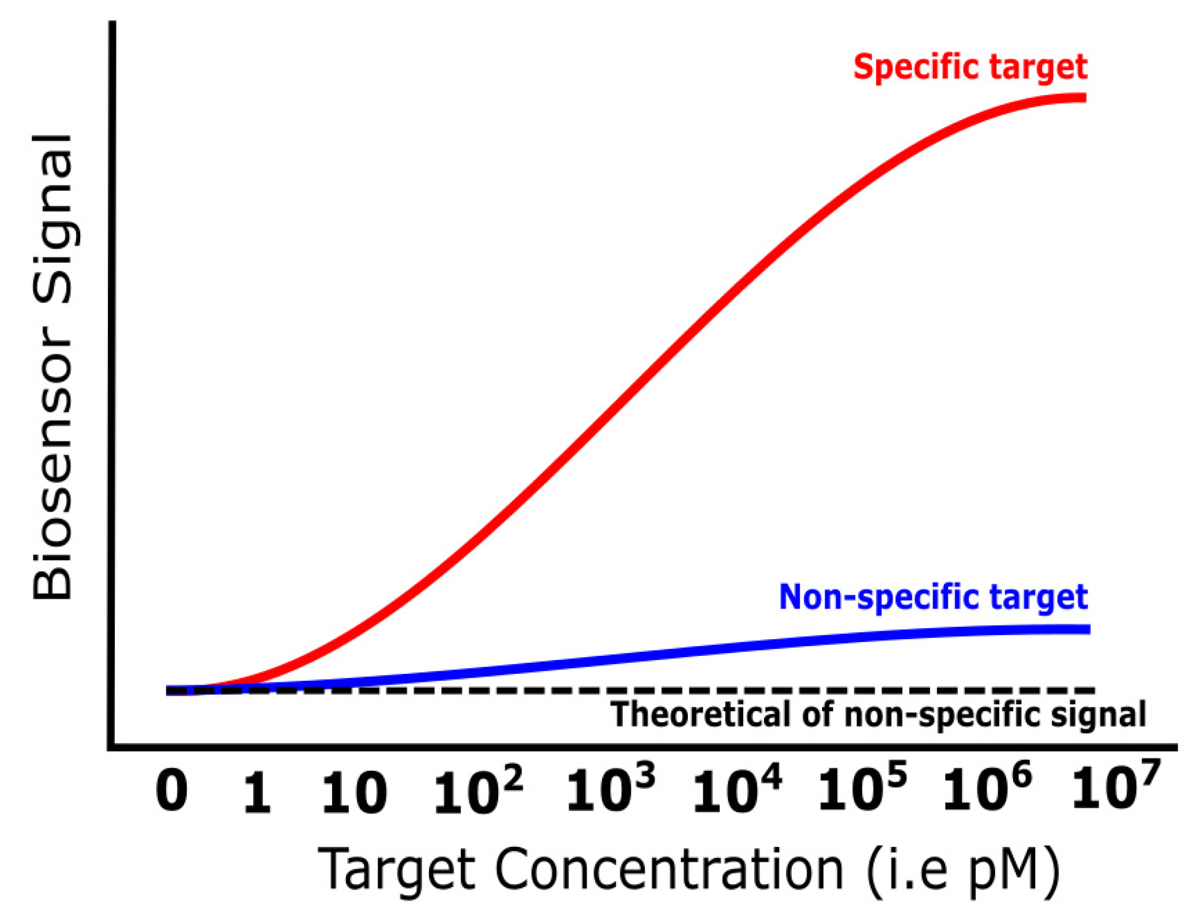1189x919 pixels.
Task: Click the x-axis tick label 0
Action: (172, 793)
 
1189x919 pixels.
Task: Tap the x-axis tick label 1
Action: (257, 794)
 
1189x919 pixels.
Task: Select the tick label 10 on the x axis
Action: (354, 794)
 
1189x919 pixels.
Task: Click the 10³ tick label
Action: (611, 789)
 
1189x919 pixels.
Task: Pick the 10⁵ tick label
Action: (862, 788)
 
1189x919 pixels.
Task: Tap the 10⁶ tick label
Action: (987, 788)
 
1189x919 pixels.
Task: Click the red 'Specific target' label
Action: (970, 67)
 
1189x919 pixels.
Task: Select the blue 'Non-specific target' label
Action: (933, 597)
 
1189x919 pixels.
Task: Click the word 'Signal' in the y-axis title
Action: (53, 219)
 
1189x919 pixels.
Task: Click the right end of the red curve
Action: (1084, 98)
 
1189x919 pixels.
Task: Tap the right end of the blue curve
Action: (1088, 629)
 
